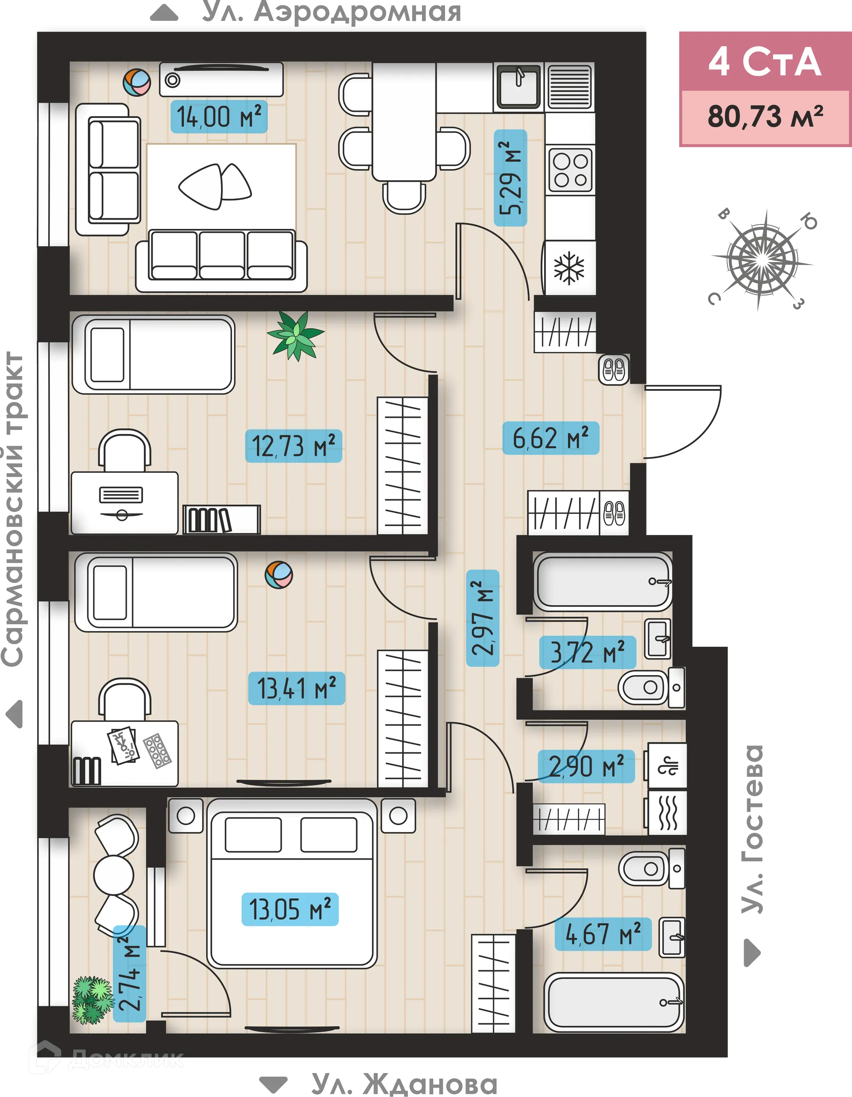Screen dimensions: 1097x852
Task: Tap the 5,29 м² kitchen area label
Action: (510, 178)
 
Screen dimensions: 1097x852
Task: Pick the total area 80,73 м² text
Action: (765, 117)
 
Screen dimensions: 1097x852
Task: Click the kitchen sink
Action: (518, 86)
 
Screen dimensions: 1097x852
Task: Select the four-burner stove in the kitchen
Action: (570, 171)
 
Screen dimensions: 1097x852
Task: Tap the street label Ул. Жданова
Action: (404, 1084)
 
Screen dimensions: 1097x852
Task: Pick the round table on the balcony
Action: (114, 874)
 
